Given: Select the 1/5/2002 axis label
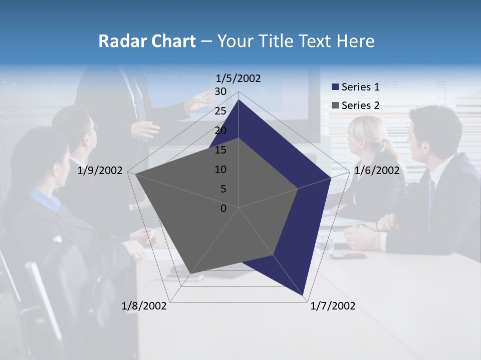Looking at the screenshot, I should (x=238, y=78).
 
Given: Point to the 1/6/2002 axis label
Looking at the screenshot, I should (x=377, y=170).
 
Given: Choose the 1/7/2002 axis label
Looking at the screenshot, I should (x=333, y=306).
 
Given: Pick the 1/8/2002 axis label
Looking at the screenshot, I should (x=144, y=306).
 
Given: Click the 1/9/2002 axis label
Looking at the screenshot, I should (x=100, y=170).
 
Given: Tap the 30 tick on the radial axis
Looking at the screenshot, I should (x=220, y=91).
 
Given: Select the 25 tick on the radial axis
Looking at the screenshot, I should (x=220, y=111).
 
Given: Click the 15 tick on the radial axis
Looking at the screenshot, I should (x=220, y=150).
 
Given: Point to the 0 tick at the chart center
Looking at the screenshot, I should (x=223, y=208).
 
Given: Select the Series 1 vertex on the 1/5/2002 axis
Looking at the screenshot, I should (x=239, y=100).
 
